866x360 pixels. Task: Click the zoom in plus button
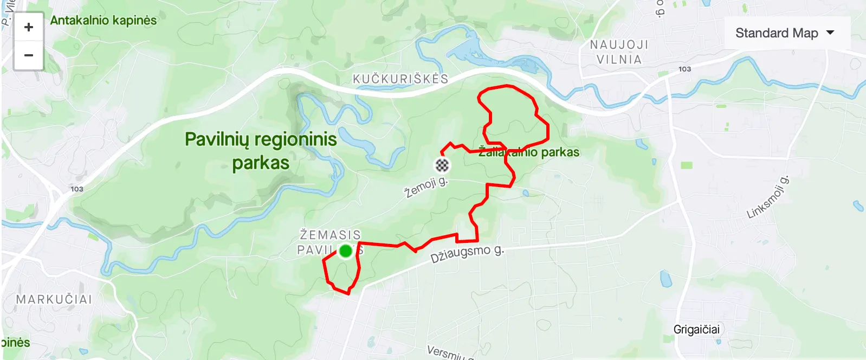tap(29, 27)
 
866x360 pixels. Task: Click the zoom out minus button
tap(29, 55)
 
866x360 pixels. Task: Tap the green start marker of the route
tap(346, 251)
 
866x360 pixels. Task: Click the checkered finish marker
tap(443, 165)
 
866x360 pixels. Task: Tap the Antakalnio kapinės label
tap(104, 21)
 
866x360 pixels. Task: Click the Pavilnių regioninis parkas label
tap(261, 151)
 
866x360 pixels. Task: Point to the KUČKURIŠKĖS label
tap(400, 79)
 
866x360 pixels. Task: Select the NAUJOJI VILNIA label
tap(619, 52)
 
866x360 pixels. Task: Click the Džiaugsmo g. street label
tap(467, 253)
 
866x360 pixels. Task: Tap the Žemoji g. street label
tap(426, 187)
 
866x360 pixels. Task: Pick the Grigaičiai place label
tap(696, 330)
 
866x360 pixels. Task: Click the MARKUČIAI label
tap(54, 299)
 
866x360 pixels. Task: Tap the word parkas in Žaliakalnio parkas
tap(560, 152)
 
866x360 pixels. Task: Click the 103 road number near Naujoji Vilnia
tap(684, 69)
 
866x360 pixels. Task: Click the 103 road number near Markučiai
tap(77, 189)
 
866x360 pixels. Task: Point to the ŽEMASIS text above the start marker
tap(330, 235)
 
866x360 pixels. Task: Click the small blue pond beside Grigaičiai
tap(665, 279)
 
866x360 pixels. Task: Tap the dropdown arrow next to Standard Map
tap(830, 33)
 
